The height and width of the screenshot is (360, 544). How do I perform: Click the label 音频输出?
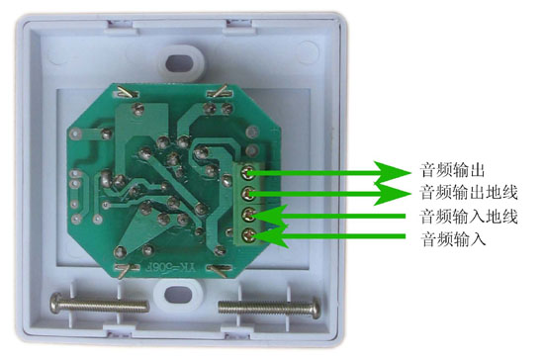452,170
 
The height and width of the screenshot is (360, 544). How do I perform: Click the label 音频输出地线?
469,192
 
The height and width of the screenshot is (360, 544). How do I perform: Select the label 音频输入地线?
469,217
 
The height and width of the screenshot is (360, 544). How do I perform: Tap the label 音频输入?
452,239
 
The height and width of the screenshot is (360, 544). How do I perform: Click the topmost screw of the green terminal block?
247,172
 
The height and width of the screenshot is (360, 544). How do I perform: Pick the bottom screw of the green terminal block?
248,236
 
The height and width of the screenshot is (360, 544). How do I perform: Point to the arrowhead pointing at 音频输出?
392,172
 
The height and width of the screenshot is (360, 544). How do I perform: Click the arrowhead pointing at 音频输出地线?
392,194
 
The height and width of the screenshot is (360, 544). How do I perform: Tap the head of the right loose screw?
316,308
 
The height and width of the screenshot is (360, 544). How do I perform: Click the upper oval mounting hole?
179,62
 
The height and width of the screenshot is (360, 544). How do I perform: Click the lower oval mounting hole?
178,295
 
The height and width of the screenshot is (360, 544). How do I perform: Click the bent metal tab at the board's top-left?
126,92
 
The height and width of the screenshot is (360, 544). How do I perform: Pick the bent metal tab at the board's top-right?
220,91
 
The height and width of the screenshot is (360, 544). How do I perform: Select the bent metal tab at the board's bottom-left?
125,270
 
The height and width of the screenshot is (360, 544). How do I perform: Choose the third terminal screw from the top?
248,215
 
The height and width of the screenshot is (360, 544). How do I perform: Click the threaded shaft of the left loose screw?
106,305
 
